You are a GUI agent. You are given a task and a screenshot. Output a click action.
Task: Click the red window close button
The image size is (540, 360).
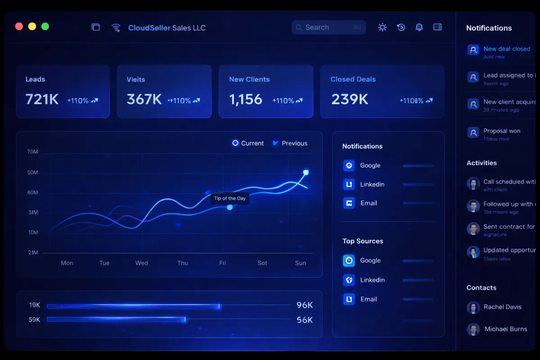coord(19,27)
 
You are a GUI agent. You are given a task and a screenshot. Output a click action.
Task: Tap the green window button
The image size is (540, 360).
coord(45,27)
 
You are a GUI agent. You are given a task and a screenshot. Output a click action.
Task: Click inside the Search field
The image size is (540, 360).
coord(328,27)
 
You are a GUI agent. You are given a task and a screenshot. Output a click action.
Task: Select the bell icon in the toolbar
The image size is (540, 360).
coord(419,27)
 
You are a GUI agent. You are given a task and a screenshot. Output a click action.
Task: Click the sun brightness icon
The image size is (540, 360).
coord(382,27)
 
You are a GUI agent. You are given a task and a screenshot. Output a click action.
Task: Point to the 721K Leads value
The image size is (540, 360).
coord(42,99)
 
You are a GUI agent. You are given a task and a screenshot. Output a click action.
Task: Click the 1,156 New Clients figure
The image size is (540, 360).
coord(246,99)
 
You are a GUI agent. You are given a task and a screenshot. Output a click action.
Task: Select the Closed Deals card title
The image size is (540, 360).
coord(353,79)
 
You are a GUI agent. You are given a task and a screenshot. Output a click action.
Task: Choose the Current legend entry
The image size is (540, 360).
coord(248,143)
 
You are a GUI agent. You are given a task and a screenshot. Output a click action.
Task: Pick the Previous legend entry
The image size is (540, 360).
coord(290,143)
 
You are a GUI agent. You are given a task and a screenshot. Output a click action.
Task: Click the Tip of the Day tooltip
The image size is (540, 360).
coord(230,198)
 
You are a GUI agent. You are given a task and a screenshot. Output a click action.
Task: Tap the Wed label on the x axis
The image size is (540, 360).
coord(142,263)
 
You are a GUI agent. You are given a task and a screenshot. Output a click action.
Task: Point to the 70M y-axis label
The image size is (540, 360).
coord(33,152)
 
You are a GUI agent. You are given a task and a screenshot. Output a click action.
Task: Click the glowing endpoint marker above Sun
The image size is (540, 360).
coord(306,172)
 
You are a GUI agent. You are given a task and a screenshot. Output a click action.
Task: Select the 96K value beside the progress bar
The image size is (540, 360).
coord(305,305)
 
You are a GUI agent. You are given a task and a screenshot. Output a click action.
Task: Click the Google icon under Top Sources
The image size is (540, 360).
coord(349,261)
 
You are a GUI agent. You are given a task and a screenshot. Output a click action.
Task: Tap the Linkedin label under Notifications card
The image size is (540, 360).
coord(372,184)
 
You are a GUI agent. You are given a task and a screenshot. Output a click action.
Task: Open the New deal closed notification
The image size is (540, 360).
coord(507,49)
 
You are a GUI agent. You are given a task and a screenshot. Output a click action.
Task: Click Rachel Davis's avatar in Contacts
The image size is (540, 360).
coord(473,307)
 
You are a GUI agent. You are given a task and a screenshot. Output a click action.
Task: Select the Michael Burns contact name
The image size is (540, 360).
coord(506,329)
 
